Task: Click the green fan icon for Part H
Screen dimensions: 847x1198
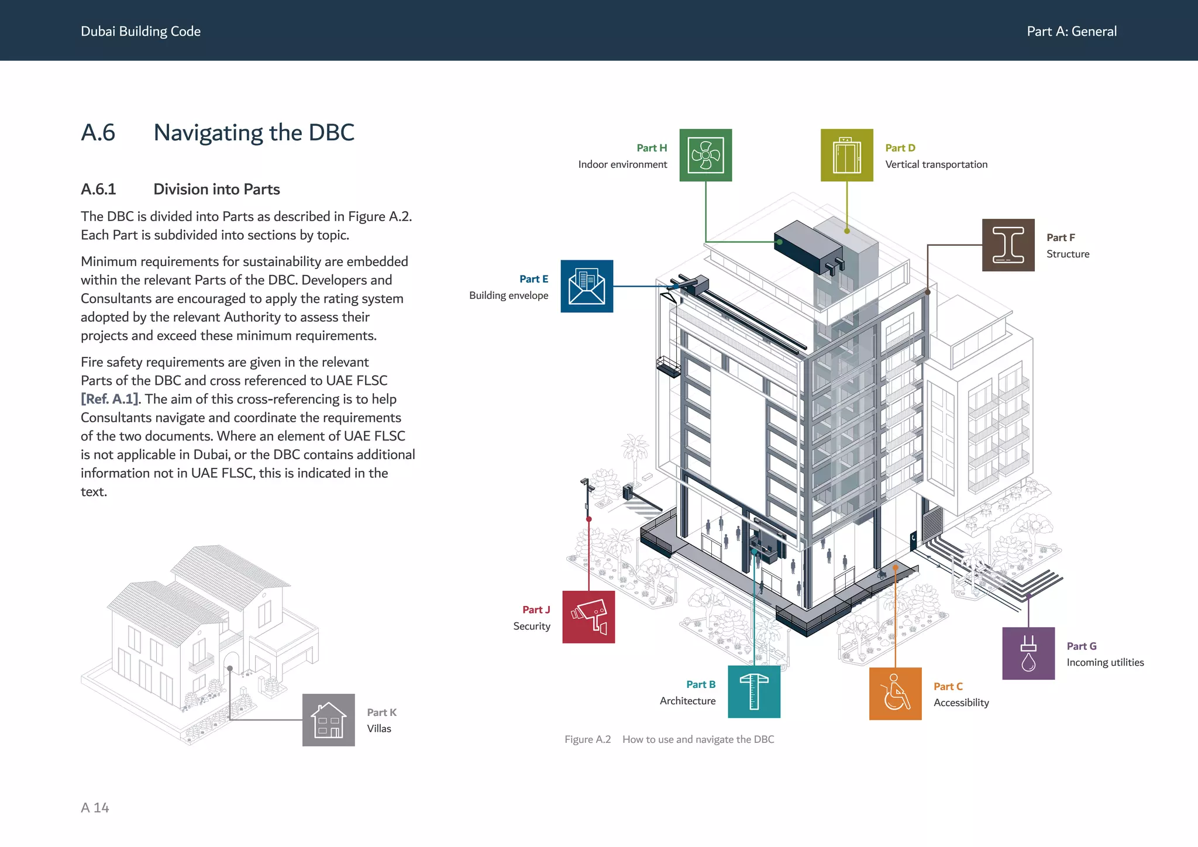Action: pyautogui.click(x=705, y=155)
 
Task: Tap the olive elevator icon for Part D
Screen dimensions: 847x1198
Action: pyautogui.click(x=846, y=155)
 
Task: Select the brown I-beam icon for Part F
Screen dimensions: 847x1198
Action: pyautogui.click(x=1008, y=245)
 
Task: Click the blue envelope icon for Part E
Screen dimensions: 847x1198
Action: pyautogui.click(x=587, y=286)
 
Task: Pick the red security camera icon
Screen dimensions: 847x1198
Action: pyautogui.click(x=588, y=617)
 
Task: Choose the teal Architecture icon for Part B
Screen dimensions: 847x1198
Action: pyautogui.click(x=754, y=691)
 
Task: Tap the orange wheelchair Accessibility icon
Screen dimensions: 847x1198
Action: pyautogui.click(x=895, y=694)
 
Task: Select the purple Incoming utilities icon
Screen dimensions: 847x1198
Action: pyautogui.click(x=1028, y=653)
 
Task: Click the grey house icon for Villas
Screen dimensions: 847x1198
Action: pyautogui.click(x=328, y=720)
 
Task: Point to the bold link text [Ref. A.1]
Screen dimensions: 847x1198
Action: pyautogui.click(x=110, y=399)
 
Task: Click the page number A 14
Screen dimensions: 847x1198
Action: pyautogui.click(x=95, y=808)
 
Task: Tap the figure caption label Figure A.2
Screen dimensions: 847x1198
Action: pyautogui.click(x=587, y=739)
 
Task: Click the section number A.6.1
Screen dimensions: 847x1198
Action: pyautogui.click(x=98, y=190)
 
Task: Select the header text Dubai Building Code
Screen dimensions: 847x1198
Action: pyautogui.click(x=140, y=32)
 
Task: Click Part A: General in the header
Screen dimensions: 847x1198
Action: pyautogui.click(x=1072, y=32)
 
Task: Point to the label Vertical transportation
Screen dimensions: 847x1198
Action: pyautogui.click(x=936, y=164)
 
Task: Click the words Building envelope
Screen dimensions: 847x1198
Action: pyautogui.click(x=508, y=295)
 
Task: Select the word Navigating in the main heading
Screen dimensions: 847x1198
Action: pyautogui.click(x=208, y=133)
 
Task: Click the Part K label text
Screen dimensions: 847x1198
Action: pyautogui.click(x=381, y=712)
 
